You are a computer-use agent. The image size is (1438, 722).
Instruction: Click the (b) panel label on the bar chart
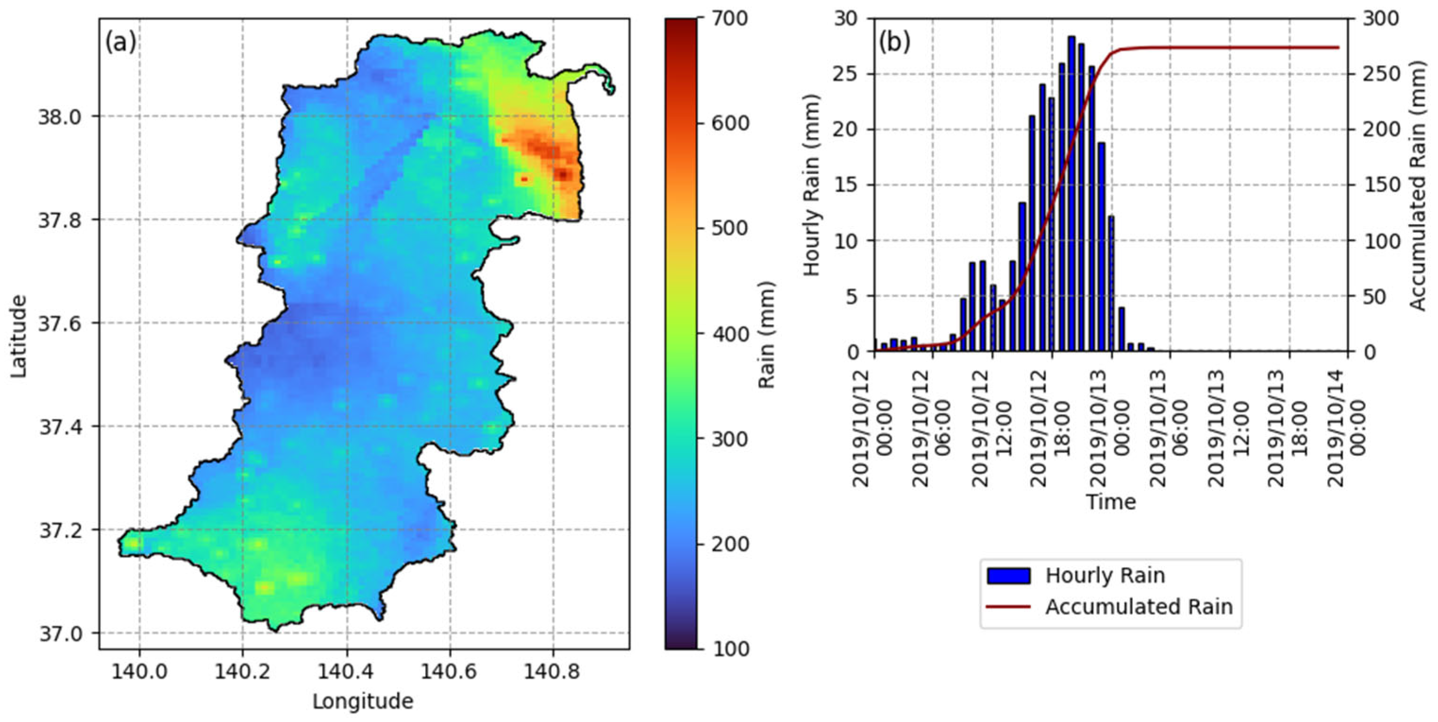coord(894,42)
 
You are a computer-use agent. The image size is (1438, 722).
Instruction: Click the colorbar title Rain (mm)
coord(767,334)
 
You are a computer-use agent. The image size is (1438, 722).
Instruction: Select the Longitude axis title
coord(363,701)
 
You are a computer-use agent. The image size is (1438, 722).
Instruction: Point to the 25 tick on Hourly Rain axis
coord(844,74)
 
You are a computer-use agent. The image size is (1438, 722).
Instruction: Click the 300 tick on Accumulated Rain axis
coord(1381,18)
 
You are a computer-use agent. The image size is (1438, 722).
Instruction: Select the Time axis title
coord(1110,502)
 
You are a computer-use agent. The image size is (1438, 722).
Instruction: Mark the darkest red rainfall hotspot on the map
coord(563,175)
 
